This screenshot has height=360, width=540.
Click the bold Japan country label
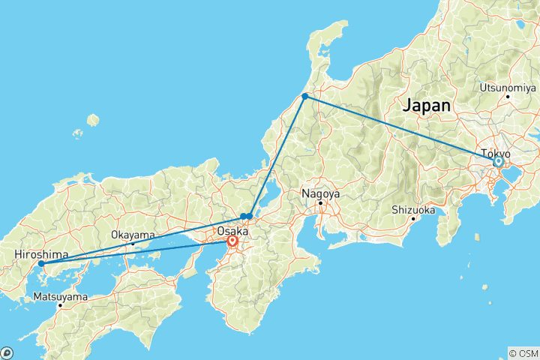coord(427,105)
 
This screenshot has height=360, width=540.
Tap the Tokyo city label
coord(496,152)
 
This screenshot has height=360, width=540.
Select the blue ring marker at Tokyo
coord(499,161)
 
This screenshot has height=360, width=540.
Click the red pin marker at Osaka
coord(232,242)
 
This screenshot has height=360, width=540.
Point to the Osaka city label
coord(233,231)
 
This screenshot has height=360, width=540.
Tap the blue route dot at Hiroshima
coord(41,263)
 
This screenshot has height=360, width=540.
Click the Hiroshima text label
coord(40,255)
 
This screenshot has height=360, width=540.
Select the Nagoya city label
coord(320,193)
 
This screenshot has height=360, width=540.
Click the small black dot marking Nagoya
coord(320,202)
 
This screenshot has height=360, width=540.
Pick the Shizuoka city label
coord(413,210)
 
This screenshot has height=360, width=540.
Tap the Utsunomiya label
coord(507,87)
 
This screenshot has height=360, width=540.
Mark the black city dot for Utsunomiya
coord(508,96)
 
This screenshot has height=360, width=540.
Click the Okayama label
coord(132,235)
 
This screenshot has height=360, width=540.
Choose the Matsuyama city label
coord(60,297)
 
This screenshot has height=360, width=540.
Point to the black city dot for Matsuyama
coord(60,305)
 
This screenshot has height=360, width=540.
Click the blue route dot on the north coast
coord(304,97)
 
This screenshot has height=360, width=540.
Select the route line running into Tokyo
coord(405,130)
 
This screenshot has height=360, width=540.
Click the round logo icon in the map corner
coord(7,352)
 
